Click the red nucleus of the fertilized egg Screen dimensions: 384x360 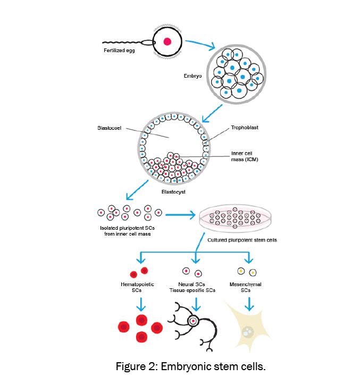(x=168, y=41)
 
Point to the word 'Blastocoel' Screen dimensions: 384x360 (x=111, y=128)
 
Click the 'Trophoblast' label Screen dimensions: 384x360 (x=244, y=128)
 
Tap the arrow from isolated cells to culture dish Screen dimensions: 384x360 (x=181, y=215)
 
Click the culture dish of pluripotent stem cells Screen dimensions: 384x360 (x=235, y=219)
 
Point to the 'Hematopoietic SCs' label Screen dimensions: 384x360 (x=138, y=288)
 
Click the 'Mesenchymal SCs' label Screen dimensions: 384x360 (x=246, y=288)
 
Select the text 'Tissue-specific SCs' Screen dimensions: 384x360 (x=192, y=290)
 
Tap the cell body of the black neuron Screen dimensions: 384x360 (x=192, y=321)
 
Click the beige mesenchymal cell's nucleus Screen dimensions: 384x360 (x=247, y=332)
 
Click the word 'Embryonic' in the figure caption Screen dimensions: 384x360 (x=207, y=366)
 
